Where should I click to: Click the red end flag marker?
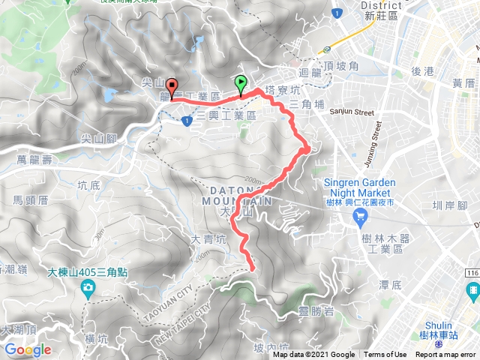[172, 88]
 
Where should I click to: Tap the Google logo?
[27, 349]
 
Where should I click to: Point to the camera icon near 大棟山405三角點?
[89, 287]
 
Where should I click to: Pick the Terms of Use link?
[385, 355]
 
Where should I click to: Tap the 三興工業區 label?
[226, 116]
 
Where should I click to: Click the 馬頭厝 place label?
[31, 200]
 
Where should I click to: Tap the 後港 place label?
[424, 70]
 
